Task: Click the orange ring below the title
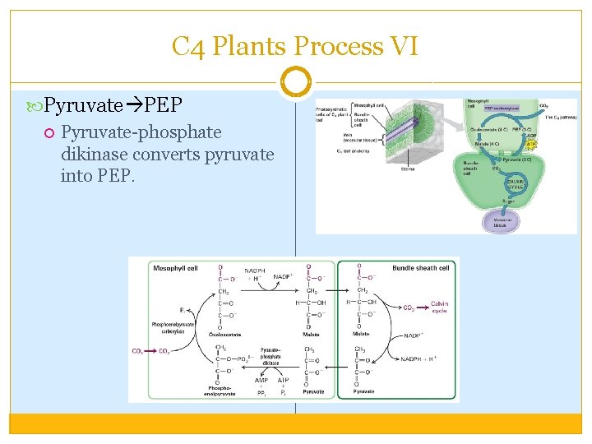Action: click(x=295, y=82)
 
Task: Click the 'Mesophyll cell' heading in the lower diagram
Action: click(x=176, y=268)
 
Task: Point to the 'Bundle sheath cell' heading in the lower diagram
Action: click(x=420, y=268)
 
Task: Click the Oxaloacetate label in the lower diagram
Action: click(x=224, y=334)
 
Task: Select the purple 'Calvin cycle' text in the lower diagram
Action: click(x=439, y=308)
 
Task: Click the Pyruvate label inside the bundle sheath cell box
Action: click(x=363, y=392)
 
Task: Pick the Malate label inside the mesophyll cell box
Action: click(x=312, y=334)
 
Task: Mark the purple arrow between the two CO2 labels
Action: click(x=151, y=352)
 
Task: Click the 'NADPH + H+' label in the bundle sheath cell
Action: click(x=425, y=356)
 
